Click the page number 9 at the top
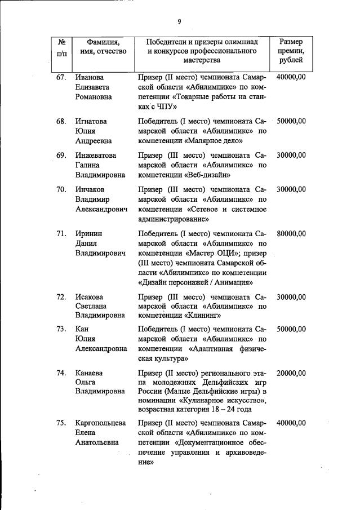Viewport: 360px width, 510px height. pos(179,22)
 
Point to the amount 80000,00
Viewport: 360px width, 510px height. pos(291,233)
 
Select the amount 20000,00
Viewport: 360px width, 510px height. pos(291,373)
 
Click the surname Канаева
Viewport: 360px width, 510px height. pos(90,373)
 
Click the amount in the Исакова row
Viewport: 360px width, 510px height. pos(291,297)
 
